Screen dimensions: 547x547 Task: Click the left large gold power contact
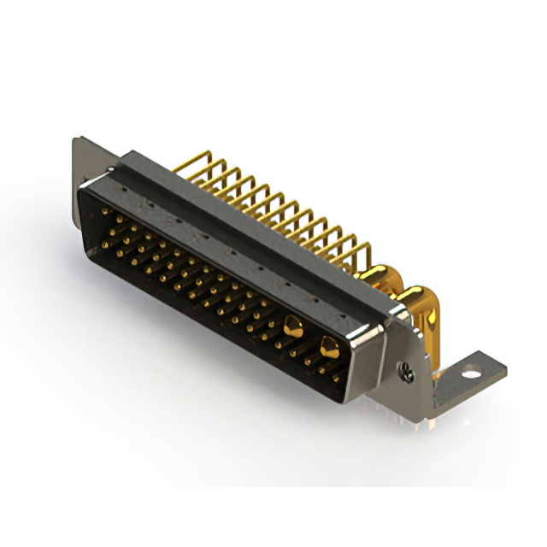[292, 324]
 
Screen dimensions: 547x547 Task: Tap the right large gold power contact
[328, 345]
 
